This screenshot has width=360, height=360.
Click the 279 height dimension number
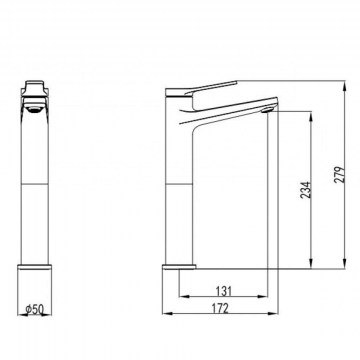[340, 174]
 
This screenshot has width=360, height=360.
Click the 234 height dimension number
[306, 190]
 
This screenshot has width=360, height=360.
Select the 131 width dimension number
[223, 291]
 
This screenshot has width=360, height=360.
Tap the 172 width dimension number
[220, 308]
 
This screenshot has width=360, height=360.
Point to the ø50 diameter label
[35, 310]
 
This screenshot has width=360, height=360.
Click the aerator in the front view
[33, 109]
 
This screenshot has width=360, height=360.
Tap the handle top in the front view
[36, 83]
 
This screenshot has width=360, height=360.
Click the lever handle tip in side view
[236, 81]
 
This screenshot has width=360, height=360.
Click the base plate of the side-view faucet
[179, 266]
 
